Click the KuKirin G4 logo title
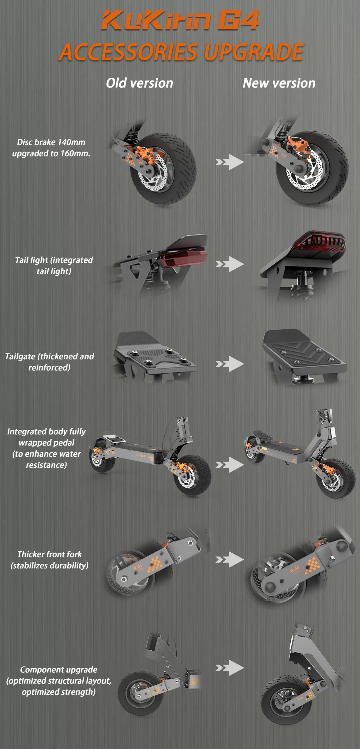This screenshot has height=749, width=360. [180, 20]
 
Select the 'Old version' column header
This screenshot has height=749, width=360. [139, 83]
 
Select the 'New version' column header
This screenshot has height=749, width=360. [279, 83]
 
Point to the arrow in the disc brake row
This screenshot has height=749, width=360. [230, 162]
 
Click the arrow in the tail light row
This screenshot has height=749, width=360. [230, 264]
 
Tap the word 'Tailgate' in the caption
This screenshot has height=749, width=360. [21, 356]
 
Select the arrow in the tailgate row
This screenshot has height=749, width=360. [230, 364]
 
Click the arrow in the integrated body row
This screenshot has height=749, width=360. [230, 465]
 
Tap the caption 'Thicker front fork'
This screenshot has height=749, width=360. [49, 554]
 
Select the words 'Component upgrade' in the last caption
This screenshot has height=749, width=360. [58, 669]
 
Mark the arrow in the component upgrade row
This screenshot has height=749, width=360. [230, 668]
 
